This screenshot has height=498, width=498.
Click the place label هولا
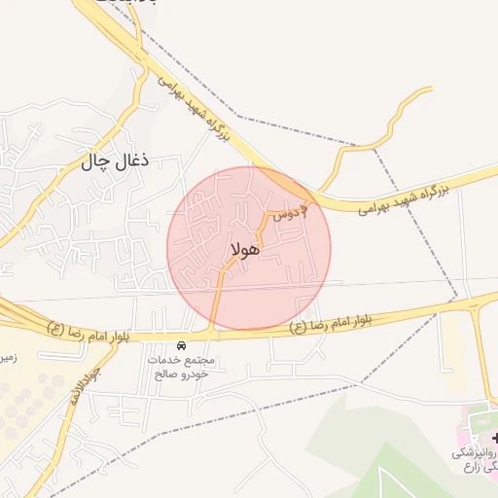tap(246, 250)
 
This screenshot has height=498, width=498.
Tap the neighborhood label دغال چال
tap(104, 162)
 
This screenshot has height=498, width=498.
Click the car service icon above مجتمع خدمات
tap(182, 345)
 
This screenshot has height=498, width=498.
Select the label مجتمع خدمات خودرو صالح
tap(186, 367)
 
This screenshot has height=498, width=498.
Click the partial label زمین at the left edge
tap(8, 358)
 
